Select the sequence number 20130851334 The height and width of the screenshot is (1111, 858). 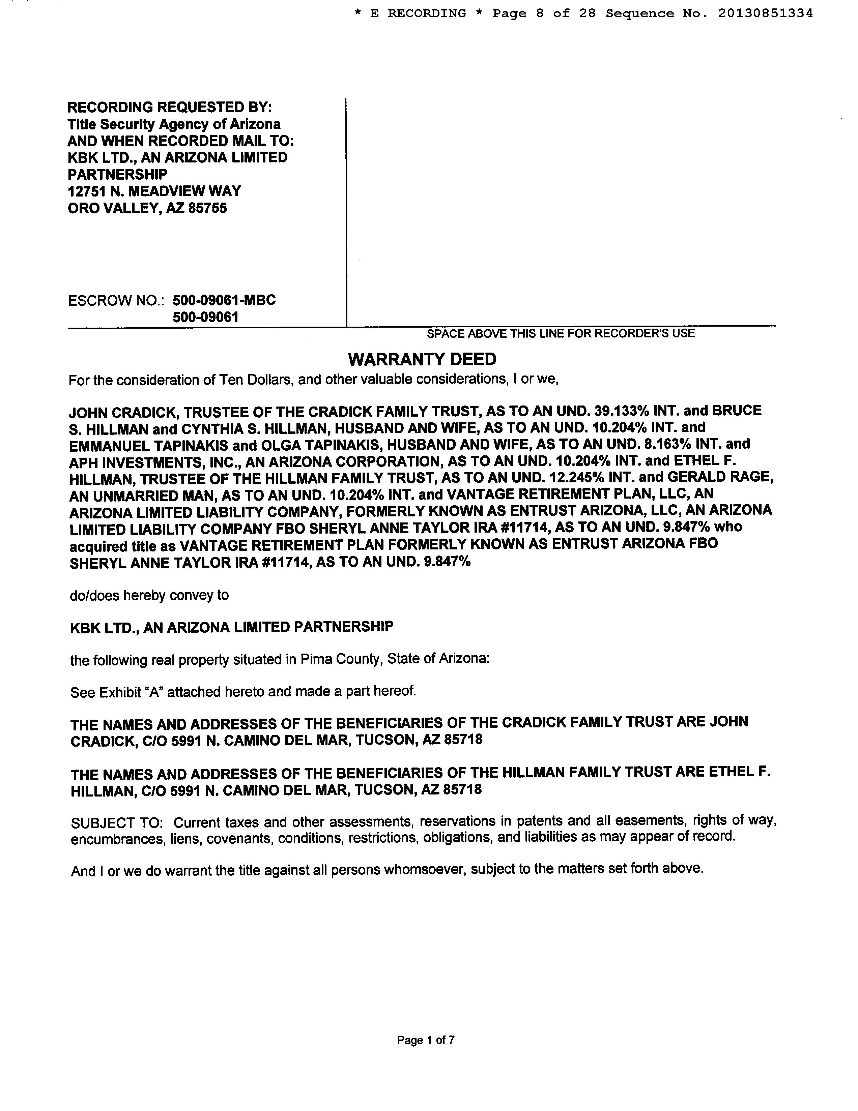tap(765, 14)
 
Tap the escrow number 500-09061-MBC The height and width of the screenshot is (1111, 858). tap(224, 300)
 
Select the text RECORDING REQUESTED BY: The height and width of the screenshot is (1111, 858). tap(170, 107)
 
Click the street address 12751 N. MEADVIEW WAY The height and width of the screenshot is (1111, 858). tap(154, 191)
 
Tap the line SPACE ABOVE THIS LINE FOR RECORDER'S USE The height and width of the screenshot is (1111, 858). tap(560, 334)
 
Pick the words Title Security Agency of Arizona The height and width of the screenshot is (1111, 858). tap(174, 124)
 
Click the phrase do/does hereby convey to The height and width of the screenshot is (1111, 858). tap(149, 595)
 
